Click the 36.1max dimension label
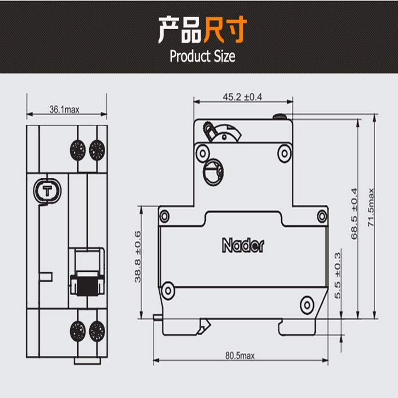(x=64, y=110)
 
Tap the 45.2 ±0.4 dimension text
(x=243, y=97)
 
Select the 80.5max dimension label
(x=240, y=356)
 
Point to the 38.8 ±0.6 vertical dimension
(x=138, y=256)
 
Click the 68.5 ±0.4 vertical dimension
(x=354, y=213)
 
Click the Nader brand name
(x=243, y=246)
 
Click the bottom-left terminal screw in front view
(x=78, y=332)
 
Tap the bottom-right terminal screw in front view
(x=97, y=332)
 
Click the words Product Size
(x=202, y=56)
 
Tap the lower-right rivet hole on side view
(x=307, y=304)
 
